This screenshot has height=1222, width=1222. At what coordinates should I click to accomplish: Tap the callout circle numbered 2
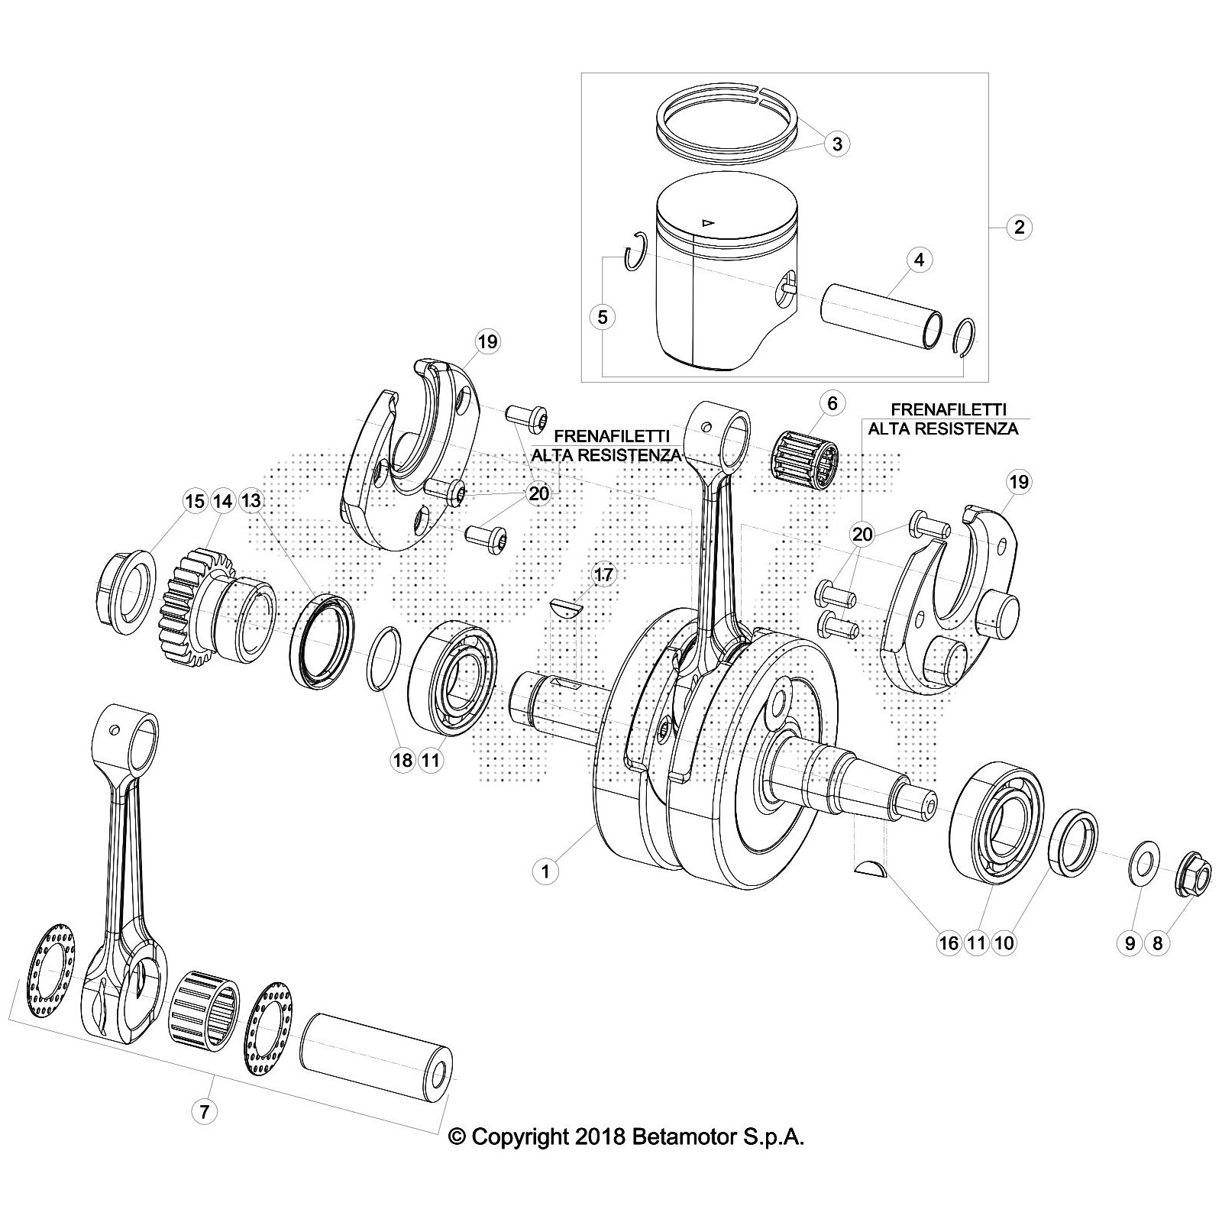pyautogui.click(x=1019, y=227)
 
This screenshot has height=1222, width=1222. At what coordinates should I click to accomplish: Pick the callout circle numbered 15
pyautogui.click(x=195, y=501)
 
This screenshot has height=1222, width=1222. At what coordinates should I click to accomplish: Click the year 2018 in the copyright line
pyautogui.click(x=598, y=1159)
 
